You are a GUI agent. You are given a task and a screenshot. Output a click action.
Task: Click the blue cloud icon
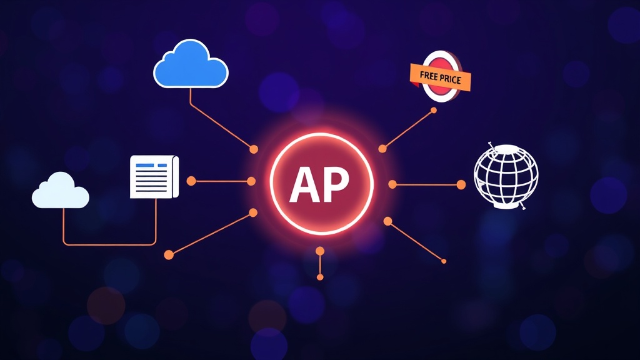click(191, 64)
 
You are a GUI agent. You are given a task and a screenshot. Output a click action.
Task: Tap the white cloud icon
click(61, 191)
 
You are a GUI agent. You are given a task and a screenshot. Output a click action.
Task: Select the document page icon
click(154, 177)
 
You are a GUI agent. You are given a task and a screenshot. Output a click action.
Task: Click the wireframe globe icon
click(506, 177)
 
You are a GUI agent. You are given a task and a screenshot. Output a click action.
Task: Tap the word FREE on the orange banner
click(429, 76)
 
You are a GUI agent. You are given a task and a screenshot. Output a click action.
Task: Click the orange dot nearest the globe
click(461, 185)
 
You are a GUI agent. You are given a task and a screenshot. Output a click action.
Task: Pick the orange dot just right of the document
click(191, 181)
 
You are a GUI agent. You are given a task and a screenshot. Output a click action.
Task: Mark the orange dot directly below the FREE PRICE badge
click(434, 110)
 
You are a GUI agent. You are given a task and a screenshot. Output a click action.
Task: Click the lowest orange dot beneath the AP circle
click(320, 277)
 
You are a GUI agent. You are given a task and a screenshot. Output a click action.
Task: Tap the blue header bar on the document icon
click(151, 165)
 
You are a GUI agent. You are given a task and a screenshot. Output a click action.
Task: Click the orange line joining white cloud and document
click(109, 244)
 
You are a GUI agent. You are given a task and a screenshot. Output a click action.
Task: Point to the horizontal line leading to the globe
click(426, 185)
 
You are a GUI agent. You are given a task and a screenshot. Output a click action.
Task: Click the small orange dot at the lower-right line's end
click(444, 261)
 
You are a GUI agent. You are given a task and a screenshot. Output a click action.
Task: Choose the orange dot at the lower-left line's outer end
click(169, 255)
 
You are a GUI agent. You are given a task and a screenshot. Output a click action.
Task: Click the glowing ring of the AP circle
click(321, 134)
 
